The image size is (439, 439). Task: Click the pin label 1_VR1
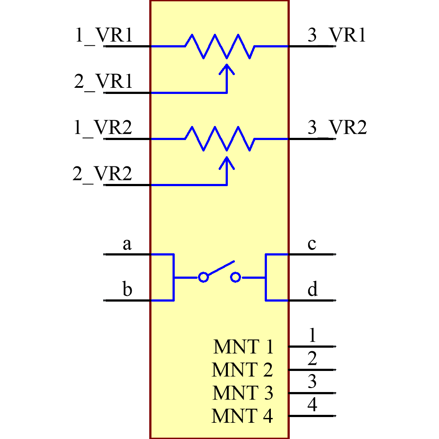[x=104, y=36]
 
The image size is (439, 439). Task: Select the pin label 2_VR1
[x=104, y=82]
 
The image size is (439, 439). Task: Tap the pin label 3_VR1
[x=337, y=36]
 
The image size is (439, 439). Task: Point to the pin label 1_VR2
[x=104, y=129]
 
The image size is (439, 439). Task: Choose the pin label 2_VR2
[x=102, y=175]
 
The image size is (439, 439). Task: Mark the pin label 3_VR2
[x=337, y=129]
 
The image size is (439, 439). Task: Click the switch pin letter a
[x=127, y=244]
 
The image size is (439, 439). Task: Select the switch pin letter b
[x=127, y=290]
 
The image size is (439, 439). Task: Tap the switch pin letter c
[x=312, y=244]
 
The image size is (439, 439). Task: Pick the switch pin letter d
[x=312, y=290]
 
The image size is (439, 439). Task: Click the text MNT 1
[x=243, y=347]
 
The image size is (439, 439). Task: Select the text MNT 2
[x=242, y=370]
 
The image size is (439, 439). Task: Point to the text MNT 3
[x=243, y=393]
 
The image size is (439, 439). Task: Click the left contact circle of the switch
[x=203, y=277]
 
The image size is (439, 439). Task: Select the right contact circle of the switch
[x=236, y=277]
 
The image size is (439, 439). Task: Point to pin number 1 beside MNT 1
[x=312, y=335]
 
